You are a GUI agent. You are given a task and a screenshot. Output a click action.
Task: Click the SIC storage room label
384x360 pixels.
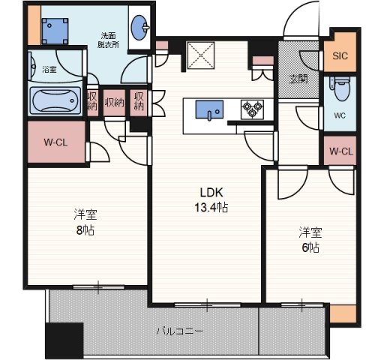point(340,55)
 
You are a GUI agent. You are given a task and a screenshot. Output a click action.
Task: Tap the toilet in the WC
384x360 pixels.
point(340,88)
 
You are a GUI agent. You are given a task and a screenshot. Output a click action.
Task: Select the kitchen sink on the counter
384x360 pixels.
point(209,110)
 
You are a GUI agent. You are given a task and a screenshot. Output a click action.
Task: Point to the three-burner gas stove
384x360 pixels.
point(252,109)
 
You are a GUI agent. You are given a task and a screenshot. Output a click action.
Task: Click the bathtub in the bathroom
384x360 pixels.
point(55,100)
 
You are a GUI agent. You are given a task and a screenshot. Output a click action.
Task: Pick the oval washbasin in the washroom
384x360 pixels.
point(139,28)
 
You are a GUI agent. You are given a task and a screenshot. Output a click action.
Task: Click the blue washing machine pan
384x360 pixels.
point(55,31)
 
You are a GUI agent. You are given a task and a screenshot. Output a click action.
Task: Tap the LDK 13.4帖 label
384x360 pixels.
point(211,199)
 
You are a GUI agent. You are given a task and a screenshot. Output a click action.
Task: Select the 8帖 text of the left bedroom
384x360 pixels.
point(85,230)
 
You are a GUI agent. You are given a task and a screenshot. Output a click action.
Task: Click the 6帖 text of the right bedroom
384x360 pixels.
point(310,247)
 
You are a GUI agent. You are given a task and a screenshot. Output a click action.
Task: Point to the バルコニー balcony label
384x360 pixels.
point(179,331)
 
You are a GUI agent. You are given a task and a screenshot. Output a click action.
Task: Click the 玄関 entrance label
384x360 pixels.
point(298,79)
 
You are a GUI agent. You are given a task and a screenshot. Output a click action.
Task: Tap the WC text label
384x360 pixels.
point(340,115)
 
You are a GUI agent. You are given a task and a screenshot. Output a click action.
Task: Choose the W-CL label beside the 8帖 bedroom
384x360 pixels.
point(55,142)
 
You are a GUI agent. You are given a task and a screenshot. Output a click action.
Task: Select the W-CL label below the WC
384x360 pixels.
point(341,151)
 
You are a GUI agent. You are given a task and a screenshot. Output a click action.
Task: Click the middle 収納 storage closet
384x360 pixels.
point(114,103)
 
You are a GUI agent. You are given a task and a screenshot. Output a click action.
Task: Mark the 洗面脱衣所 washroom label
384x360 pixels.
point(108,40)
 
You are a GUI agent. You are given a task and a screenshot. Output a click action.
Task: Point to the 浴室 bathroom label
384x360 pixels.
point(49,69)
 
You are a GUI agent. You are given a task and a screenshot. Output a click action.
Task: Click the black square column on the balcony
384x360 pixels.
point(64,340)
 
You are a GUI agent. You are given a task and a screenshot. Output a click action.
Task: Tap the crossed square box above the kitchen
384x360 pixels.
point(201,55)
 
